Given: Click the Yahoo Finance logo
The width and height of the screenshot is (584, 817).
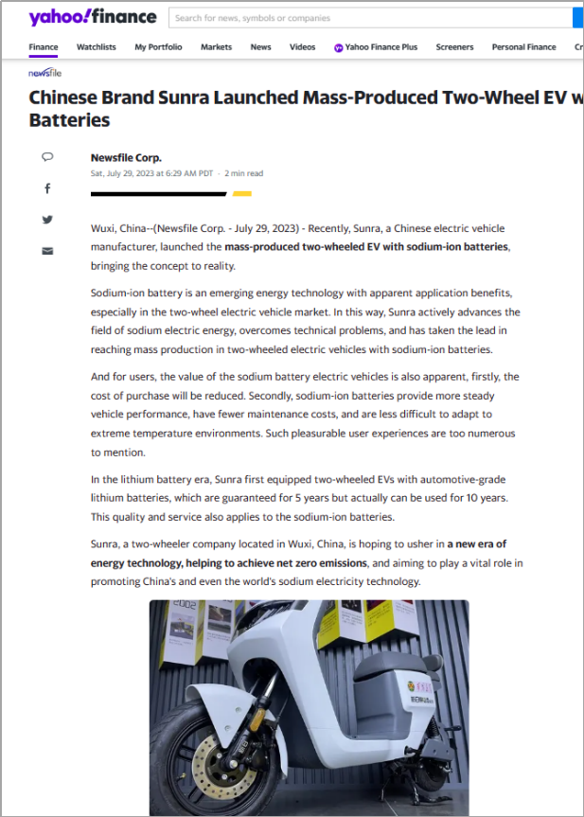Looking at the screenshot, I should [92, 17].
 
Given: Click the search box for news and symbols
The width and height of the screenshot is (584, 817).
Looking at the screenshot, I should [369, 18].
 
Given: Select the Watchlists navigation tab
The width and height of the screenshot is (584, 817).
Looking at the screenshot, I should [96, 46].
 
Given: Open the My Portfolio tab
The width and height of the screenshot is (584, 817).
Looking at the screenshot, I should [158, 46].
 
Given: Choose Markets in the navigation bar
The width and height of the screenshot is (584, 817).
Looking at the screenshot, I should [216, 46].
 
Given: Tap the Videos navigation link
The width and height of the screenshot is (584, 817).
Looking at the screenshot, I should [302, 46].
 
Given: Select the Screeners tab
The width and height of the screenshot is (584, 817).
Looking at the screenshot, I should [454, 46].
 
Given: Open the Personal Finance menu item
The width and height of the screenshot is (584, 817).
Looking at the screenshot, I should [523, 46].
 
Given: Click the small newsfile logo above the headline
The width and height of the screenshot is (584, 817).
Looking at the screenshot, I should [44, 72].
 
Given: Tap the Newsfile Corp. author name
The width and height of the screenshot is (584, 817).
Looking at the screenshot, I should [126, 158].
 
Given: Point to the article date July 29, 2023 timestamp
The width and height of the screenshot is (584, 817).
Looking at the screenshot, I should [152, 173].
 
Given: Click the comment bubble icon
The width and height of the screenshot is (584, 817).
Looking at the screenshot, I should [47, 157].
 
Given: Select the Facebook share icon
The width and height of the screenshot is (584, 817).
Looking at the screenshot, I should [47, 188].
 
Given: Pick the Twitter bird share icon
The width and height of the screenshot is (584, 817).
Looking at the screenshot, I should [47, 220].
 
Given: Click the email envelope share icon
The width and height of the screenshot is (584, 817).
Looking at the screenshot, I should [47, 251].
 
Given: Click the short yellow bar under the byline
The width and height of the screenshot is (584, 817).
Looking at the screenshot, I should [241, 193].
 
